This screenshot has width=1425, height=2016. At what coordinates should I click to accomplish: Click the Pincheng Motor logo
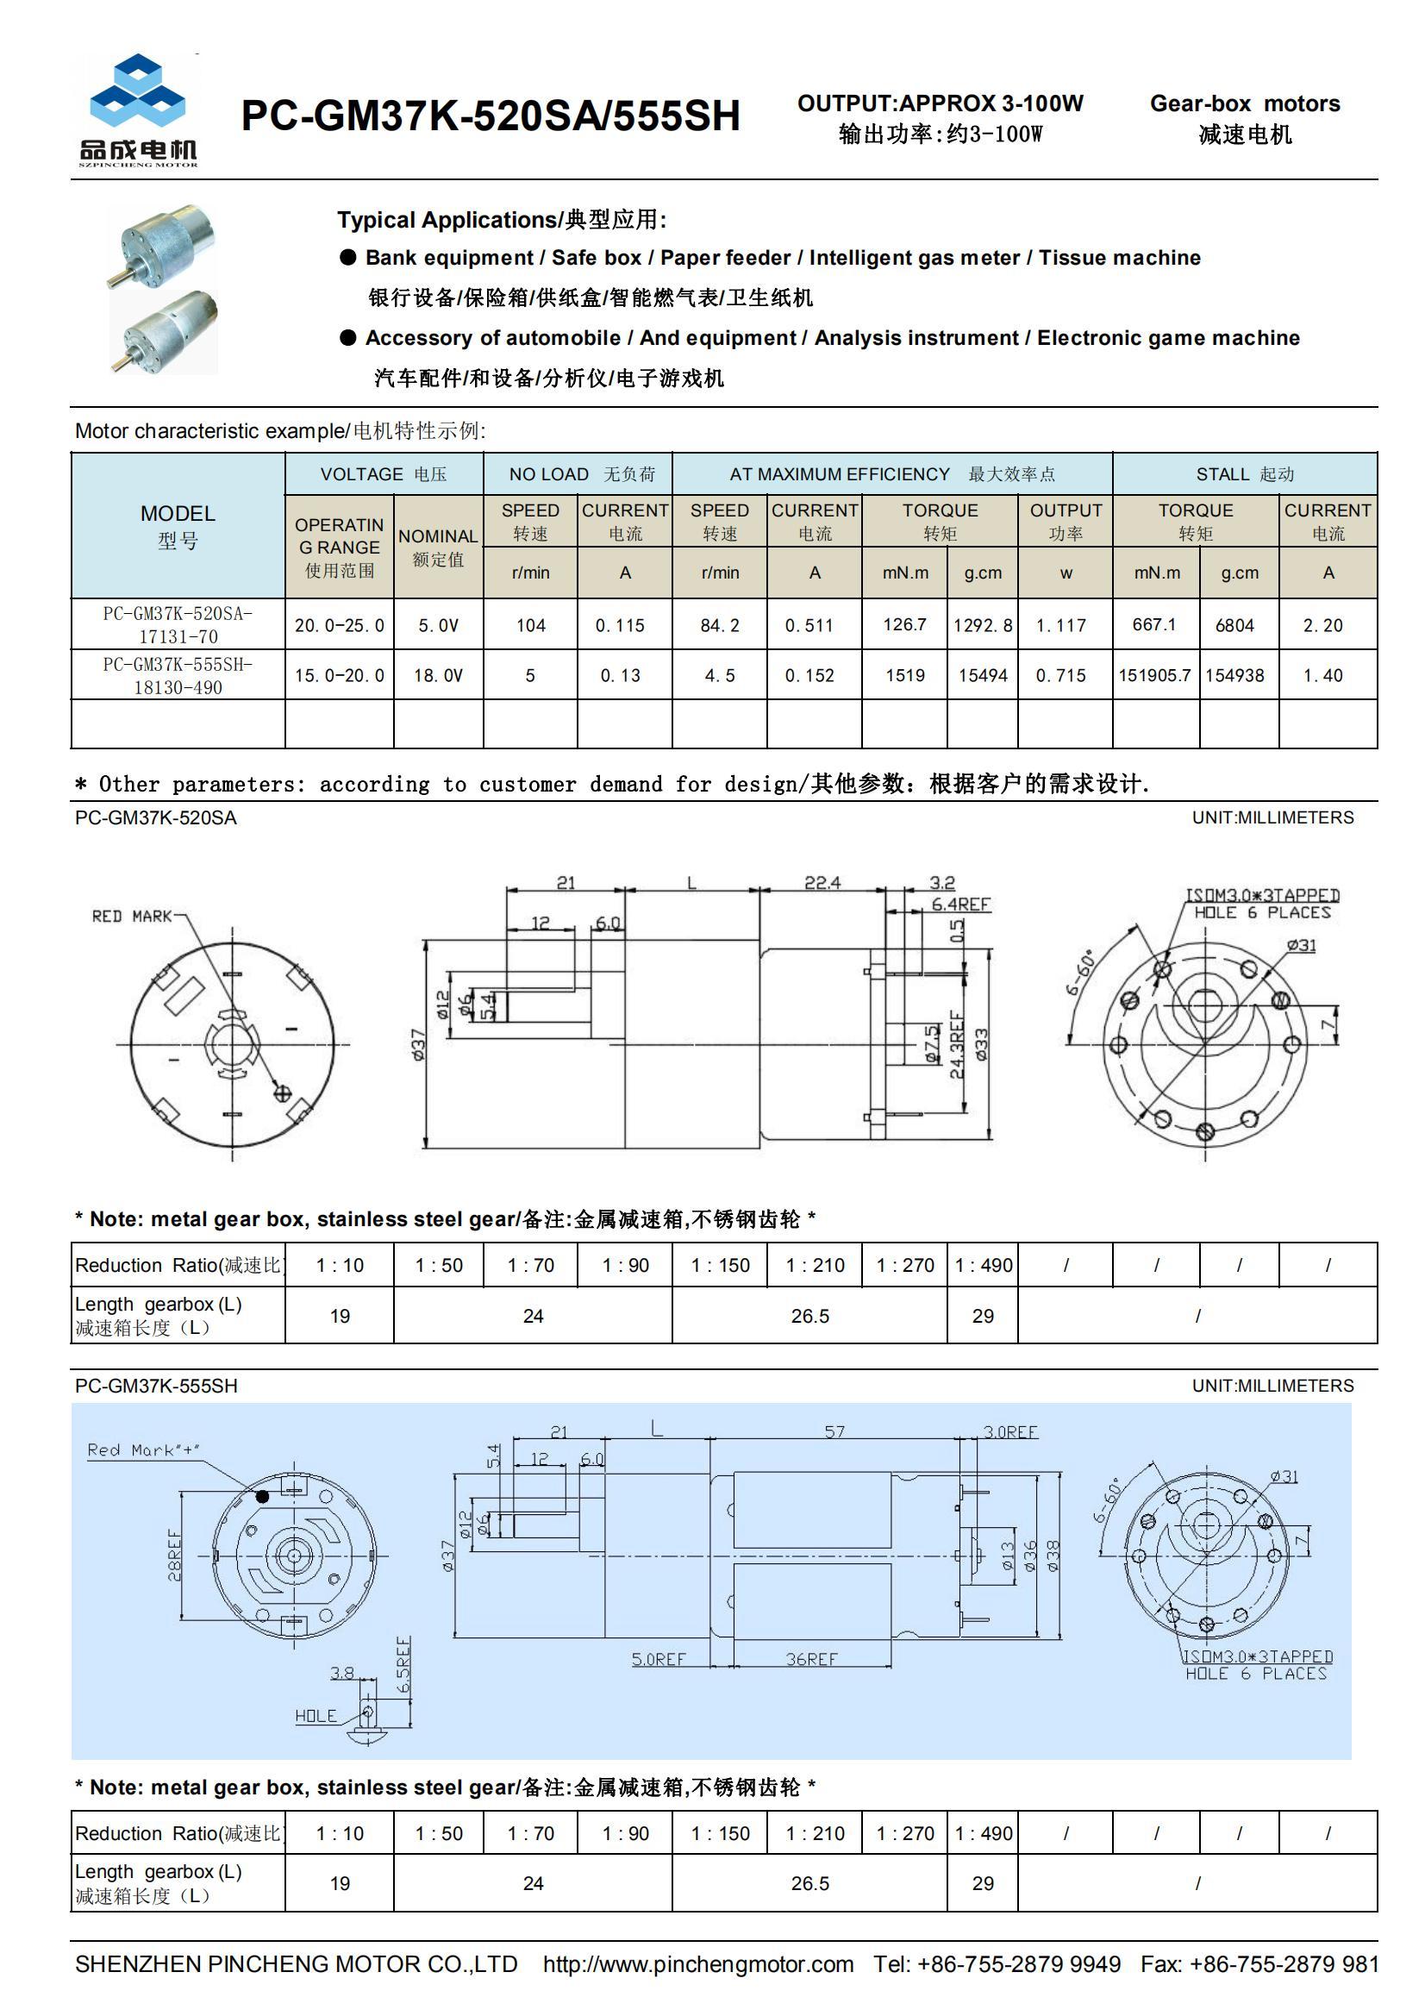point(138,109)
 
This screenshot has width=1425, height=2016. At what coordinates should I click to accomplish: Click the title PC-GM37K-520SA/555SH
point(490,116)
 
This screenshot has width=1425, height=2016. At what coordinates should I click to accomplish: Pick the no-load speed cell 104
point(530,625)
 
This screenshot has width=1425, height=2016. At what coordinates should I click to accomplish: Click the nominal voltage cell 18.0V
point(438,675)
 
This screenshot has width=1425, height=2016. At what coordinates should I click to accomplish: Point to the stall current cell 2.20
point(1322,625)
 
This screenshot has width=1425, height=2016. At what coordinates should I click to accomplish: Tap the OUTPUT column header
point(1065,521)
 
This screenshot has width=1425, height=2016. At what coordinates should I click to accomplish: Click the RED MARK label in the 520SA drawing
point(132,916)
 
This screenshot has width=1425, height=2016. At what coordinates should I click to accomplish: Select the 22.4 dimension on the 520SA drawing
point(822,882)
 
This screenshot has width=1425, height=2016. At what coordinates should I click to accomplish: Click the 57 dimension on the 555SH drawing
point(834,1432)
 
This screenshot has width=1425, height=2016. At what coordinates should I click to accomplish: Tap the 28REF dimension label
point(175,1555)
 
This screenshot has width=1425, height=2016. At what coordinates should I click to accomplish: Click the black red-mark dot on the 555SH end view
point(262,1496)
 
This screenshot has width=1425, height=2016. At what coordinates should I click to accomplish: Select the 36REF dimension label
point(811,1659)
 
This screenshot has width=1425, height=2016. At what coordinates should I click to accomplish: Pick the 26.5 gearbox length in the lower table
point(809,1883)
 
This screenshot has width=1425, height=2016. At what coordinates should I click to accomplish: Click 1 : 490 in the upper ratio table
point(983,1265)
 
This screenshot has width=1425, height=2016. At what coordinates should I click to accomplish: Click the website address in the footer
point(697,1964)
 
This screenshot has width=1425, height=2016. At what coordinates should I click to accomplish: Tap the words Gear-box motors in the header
point(1244,103)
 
